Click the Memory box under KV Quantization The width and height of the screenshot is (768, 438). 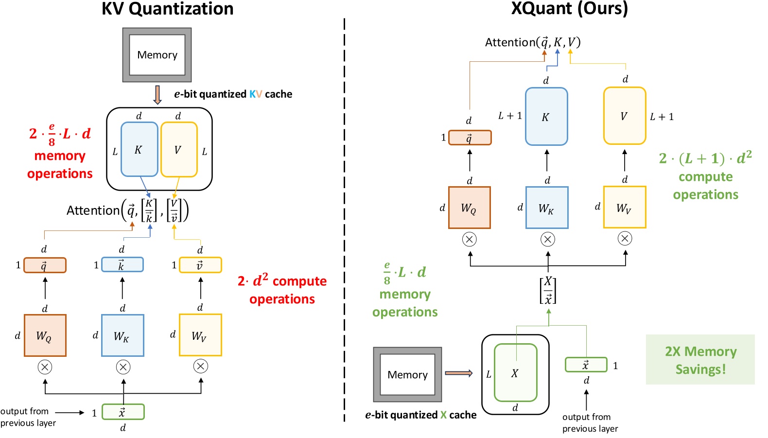(157, 54)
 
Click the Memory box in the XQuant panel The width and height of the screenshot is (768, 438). (407, 374)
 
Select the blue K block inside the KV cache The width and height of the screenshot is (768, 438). (139, 149)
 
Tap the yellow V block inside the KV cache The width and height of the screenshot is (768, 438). (178, 149)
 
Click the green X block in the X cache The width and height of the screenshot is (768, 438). (515, 373)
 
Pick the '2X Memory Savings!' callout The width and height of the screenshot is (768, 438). (700, 360)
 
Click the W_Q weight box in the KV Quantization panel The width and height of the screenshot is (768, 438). (45, 335)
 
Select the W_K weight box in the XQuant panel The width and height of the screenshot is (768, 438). (547, 208)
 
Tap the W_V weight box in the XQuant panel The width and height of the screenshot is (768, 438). (625, 208)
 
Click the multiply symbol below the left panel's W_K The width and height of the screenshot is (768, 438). (123, 367)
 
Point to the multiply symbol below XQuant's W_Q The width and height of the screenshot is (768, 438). (469, 239)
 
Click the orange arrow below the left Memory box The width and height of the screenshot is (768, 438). (157, 95)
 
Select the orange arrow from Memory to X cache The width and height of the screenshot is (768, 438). (458, 373)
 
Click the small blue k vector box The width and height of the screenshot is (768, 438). (122, 265)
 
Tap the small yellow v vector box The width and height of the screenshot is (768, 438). (200, 265)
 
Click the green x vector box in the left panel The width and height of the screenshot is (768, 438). (122, 412)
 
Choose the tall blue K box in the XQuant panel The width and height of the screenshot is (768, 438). (546, 117)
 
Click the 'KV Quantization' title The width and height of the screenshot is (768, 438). (167, 9)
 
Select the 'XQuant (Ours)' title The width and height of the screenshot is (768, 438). (569, 8)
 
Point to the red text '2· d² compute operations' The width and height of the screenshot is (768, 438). (282, 290)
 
